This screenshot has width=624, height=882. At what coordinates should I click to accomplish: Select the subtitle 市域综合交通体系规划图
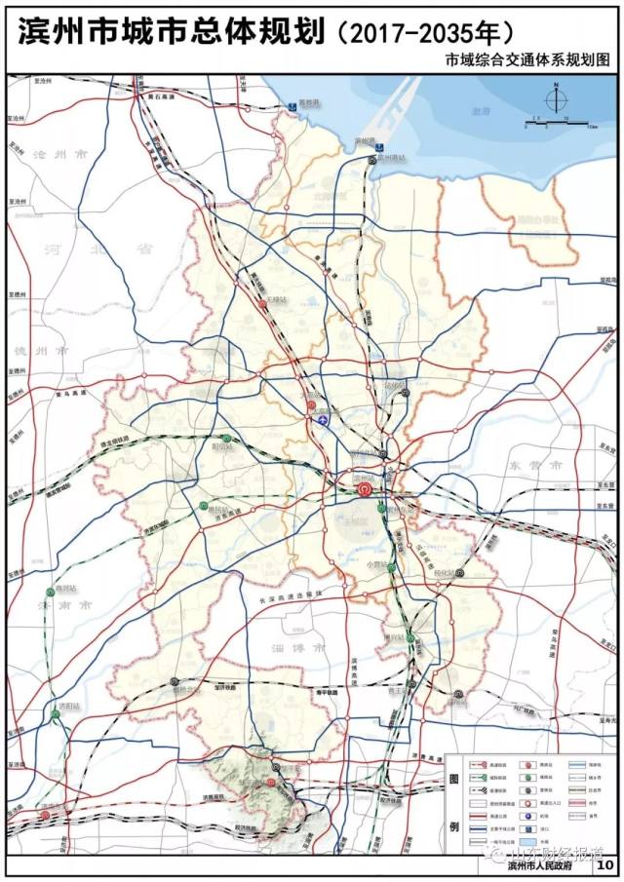pos(526,60)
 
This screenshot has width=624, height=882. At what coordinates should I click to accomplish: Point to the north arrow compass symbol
pos(555,98)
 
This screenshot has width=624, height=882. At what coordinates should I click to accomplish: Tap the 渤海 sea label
pos(481,111)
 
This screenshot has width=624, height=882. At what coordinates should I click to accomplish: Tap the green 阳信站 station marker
pos(225,438)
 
